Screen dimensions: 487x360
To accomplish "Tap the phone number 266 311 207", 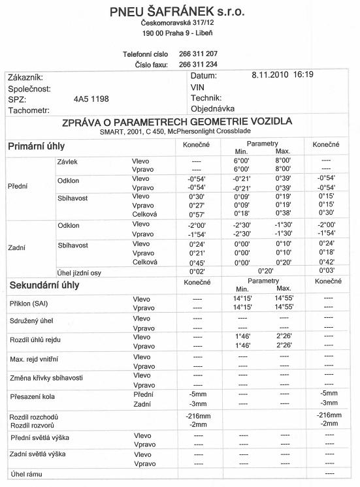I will [197, 54].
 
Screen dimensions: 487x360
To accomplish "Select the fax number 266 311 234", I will [197, 64].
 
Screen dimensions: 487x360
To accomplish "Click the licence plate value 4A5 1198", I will [91, 99].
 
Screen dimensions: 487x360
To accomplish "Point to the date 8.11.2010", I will [270, 75].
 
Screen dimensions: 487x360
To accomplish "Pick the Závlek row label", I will [69, 160].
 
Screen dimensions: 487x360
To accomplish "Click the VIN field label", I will [197, 87].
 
